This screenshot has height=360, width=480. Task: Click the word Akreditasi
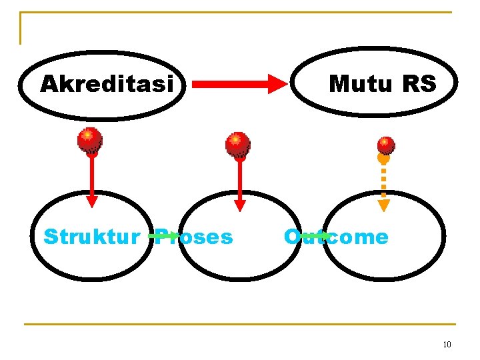(x=107, y=85)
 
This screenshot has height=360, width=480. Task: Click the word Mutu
(x=361, y=84)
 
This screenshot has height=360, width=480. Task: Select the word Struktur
(x=91, y=237)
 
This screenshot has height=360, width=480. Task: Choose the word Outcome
(x=336, y=237)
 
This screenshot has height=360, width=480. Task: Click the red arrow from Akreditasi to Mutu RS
(x=239, y=84)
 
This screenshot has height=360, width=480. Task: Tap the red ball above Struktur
(x=89, y=140)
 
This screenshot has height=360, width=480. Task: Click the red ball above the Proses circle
(x=237, y=144)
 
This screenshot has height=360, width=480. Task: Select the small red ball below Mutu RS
(x=385, y=145)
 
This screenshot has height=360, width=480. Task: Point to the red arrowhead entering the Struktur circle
(x=92, y=201)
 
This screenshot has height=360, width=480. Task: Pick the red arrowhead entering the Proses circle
(x=240, y=205)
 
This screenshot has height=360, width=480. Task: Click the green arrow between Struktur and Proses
(x=164, y=235)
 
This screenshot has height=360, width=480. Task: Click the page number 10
(x=447, y=345)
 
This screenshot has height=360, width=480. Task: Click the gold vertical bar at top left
(x=21, y=28)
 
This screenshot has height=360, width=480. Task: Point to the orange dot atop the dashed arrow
(x=383, y=159)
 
